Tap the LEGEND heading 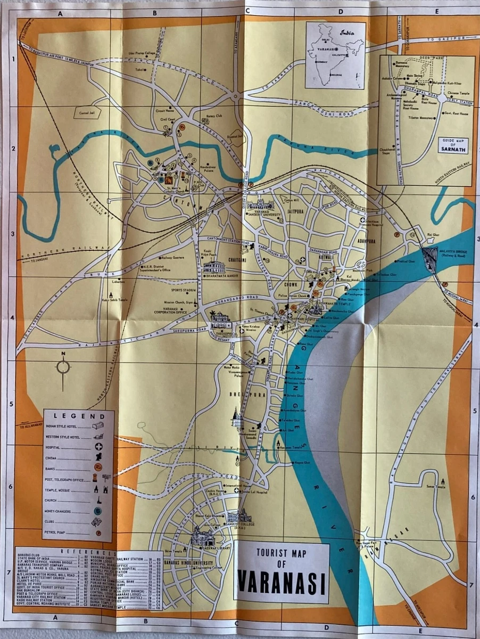point(78,416)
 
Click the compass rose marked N point(63,367)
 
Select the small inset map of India point(336,55)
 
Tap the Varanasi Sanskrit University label point(263,212)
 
